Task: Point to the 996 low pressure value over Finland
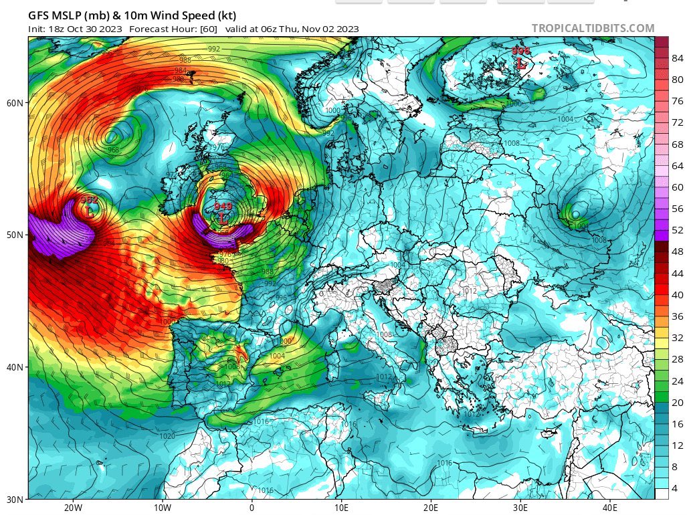click(x=520, y=51)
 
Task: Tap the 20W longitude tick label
click(x=73, y=507)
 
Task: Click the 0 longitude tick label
click(x=252, y=507)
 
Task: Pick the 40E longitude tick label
click(x=609, y=507)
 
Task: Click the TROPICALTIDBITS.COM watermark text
click(x=593, y=28)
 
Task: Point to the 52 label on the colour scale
click(x=677, y=229)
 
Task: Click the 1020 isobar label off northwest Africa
click(x=168, y=436)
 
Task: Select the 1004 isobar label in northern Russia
click(x=565, y=118)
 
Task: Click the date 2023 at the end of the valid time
click(x=347, y=29)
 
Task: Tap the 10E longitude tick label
click(x=341, y=507)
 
